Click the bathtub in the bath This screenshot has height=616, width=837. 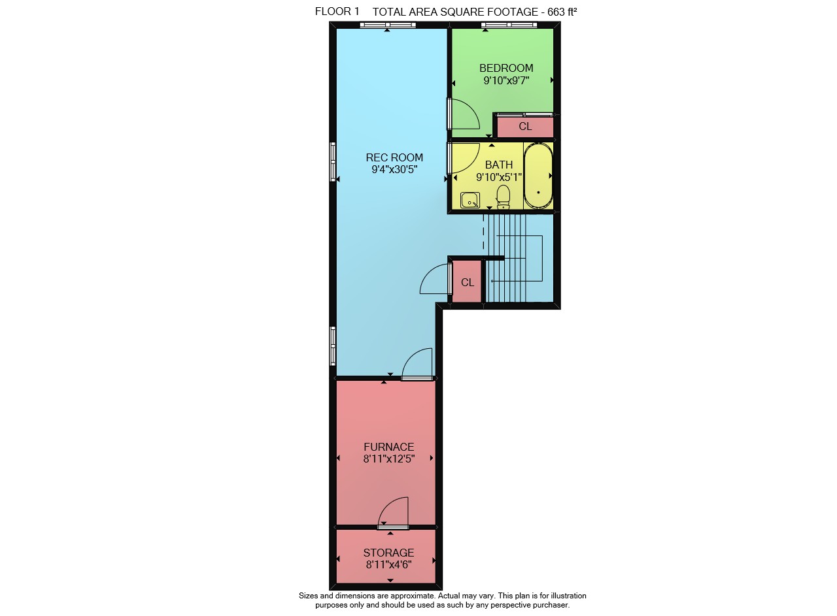pos(538,176)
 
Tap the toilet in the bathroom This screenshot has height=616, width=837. pos(504,197)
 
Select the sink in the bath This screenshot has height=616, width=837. pos(470,200)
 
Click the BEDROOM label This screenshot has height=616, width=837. pos(506,68)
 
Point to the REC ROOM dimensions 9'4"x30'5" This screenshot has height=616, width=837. pos(394,169)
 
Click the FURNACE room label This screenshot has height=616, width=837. pos(389,447)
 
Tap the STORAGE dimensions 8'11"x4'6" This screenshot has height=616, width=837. pos(388,565)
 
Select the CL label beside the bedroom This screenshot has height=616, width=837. pos(525,126)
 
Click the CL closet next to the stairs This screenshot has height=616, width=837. pos(468,282)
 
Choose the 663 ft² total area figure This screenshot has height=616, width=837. pos(562,12)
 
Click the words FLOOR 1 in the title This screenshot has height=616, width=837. pos(337,12)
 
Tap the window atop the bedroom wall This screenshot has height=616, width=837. pos(509,25)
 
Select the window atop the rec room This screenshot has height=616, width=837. pos(388,25)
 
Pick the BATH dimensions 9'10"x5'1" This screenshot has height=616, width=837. pos(499,177)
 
